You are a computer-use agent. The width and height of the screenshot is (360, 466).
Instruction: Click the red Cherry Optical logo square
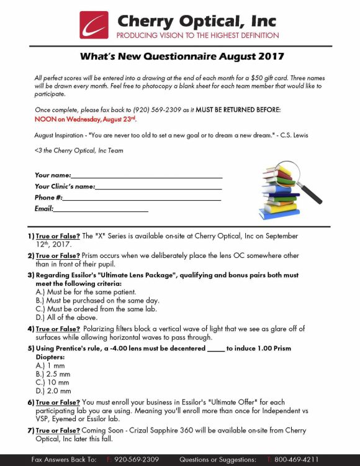point(94,25)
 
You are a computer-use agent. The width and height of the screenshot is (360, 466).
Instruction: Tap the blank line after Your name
point(146,176)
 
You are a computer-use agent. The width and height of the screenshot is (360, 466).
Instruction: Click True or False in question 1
point(58,237)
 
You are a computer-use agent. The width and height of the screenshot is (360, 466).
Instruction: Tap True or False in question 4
point(58,329)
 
